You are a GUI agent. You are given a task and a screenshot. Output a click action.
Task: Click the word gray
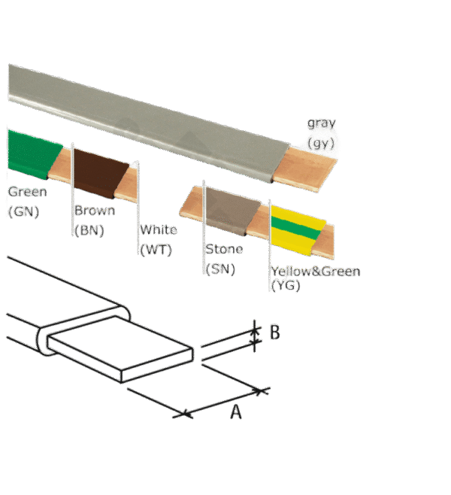pos(322,123)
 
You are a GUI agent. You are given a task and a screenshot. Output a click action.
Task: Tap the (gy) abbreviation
pos(321,143)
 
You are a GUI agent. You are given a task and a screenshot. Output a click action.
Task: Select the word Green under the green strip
pos(28,192)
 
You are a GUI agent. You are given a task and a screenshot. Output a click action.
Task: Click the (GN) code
pos(23,211)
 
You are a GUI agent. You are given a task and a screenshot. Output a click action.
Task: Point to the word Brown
pos(95,210)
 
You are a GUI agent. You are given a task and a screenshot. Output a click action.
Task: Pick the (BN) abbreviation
pos(89,230)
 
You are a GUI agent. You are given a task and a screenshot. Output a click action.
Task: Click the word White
pos(159,229)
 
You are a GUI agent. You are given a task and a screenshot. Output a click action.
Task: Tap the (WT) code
pos(156,250)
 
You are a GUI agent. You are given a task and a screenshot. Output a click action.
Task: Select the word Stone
pos(224,249)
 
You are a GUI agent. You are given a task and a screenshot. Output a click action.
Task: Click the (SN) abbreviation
pos(220,269)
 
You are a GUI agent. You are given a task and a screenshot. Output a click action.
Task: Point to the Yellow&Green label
pos(316,271)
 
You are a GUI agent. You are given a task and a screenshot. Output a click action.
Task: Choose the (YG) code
pos(286,285)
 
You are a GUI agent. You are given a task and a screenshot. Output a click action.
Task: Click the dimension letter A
pos(236,412)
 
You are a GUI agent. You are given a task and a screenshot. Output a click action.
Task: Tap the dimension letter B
pos(275,333)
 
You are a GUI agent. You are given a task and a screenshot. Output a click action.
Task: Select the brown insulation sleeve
pos(100,174)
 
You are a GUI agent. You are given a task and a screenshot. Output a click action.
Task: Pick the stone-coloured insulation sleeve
pos(233,211)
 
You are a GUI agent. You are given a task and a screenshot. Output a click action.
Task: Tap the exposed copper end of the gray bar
pos(305,169)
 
